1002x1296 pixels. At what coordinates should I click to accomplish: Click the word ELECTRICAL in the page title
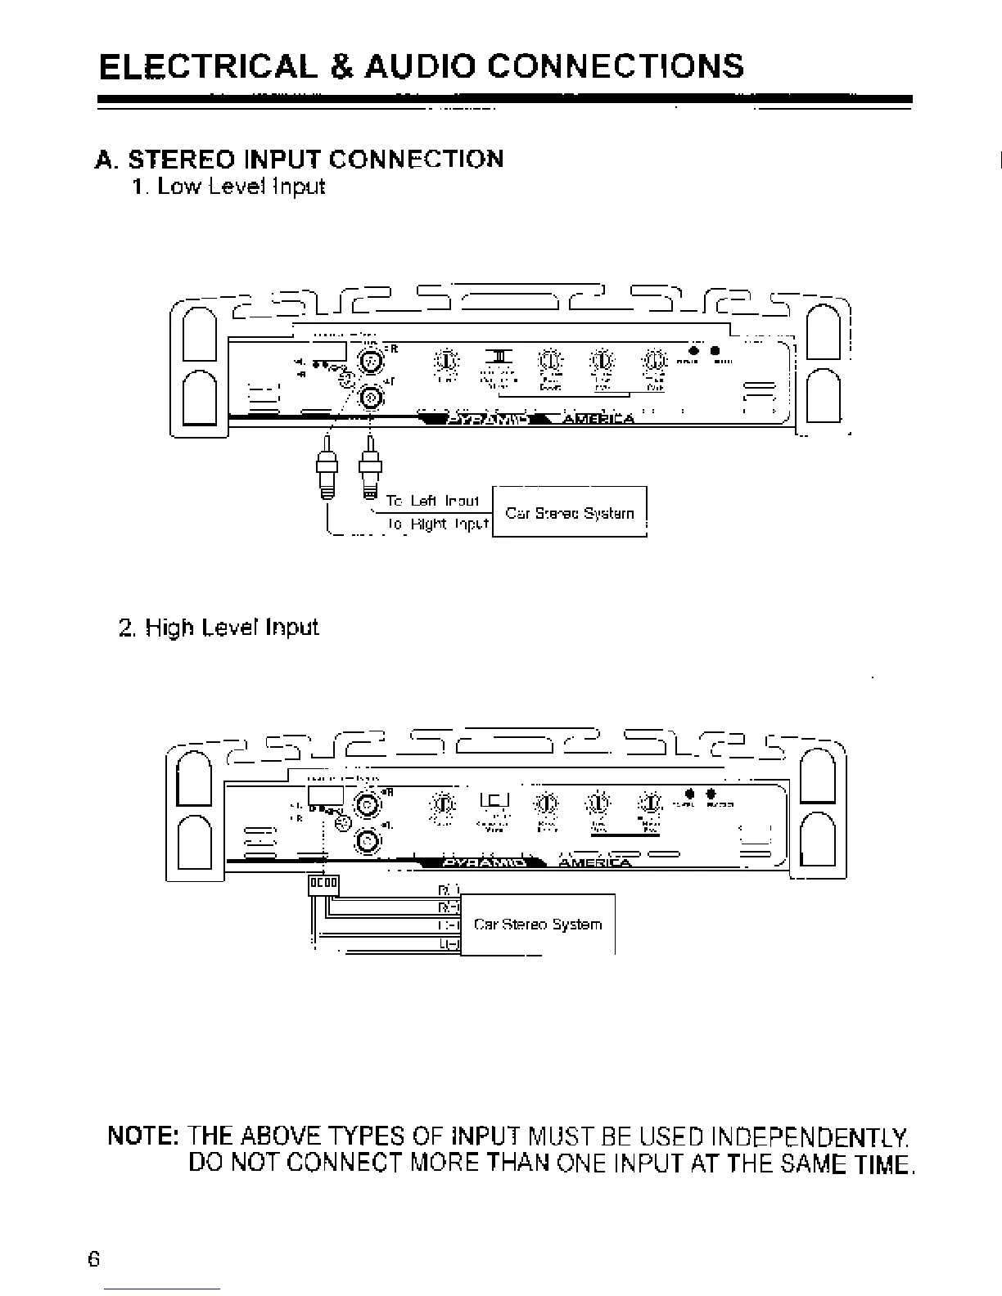pos(207,65)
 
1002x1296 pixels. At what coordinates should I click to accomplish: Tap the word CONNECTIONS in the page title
pos(615,65)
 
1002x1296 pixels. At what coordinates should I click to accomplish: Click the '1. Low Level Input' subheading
pos(228,187)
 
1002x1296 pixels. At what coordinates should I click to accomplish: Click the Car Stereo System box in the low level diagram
pos(570,513)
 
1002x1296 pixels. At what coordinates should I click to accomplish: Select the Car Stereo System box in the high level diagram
pos(537,925)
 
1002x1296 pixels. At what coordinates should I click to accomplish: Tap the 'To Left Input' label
pos(432,500)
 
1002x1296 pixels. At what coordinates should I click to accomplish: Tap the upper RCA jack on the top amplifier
pos(372,359)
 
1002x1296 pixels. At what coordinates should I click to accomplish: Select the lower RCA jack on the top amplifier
pos(372,398)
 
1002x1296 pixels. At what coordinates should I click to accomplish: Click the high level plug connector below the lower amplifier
pos(323,884)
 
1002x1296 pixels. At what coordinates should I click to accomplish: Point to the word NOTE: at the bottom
pos(143,1137)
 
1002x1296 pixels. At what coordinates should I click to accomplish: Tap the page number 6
pos(94,1258)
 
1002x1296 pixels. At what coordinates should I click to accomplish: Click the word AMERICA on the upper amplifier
pos(598,420)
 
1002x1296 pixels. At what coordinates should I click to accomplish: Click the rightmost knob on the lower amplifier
pos(651,803)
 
